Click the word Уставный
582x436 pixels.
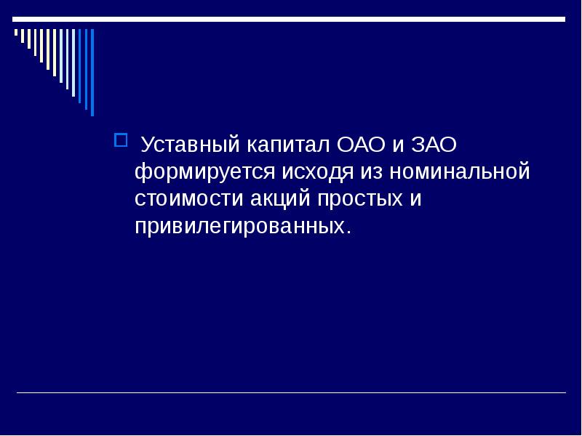(x=190, y=145)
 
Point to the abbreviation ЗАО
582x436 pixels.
(x=434, y=145)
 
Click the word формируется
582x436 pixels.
(x=204, y=172)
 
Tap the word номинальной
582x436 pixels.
(x=459, y=172)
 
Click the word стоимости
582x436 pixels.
(x=186, y=198)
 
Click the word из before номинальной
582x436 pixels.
(x=370, y=172)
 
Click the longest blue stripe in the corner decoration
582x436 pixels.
(x=92, y=73)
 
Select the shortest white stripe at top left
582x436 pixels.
(x=16, y=33)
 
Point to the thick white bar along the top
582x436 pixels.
(x=291, y=19)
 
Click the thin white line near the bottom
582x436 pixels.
(x=291, y=393)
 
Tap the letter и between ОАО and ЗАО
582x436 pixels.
(x=398, y=145)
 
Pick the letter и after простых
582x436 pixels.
(x=415, y=198)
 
